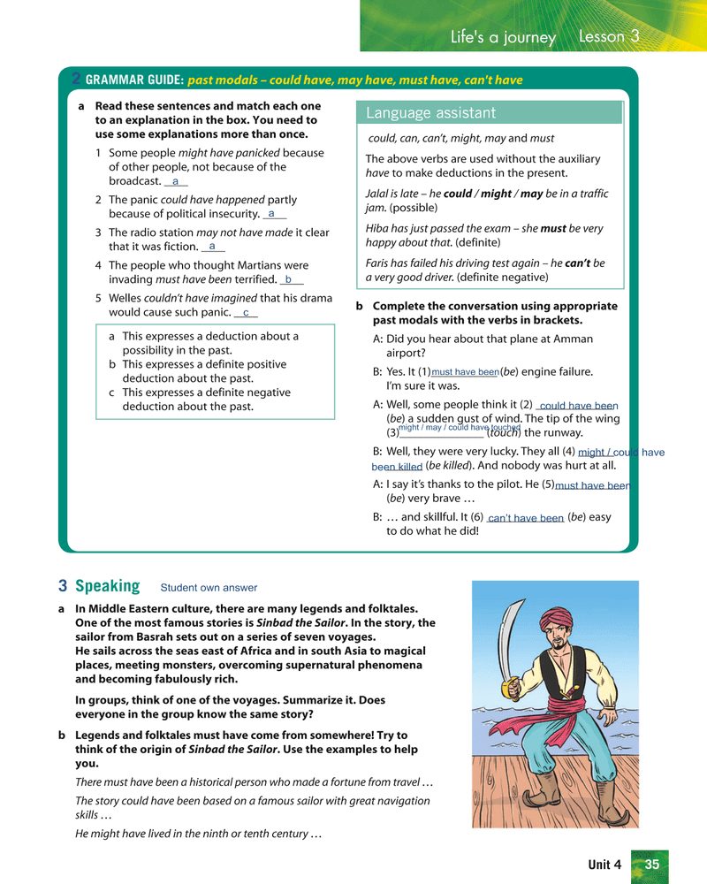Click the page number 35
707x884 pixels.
(652, 864)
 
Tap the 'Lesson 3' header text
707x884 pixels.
(609, 36)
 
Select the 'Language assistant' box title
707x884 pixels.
(430, 113)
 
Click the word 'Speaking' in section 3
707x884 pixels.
(108, 586)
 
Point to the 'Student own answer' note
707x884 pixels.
(209, 587)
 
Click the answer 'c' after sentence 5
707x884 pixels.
(246, 313)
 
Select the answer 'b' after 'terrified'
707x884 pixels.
(288, 279)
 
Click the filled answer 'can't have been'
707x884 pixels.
(525, 518)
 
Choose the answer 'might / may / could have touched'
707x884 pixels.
(459, 428)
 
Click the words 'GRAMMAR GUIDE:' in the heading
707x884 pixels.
(134, 80)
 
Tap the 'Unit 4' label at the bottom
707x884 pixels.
(604, 865)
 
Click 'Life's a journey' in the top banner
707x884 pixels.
(503, 37)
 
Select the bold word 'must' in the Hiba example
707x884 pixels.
(553, 228)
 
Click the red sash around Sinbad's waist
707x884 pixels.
(562, 712)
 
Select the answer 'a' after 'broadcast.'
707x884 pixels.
(175, 181)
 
